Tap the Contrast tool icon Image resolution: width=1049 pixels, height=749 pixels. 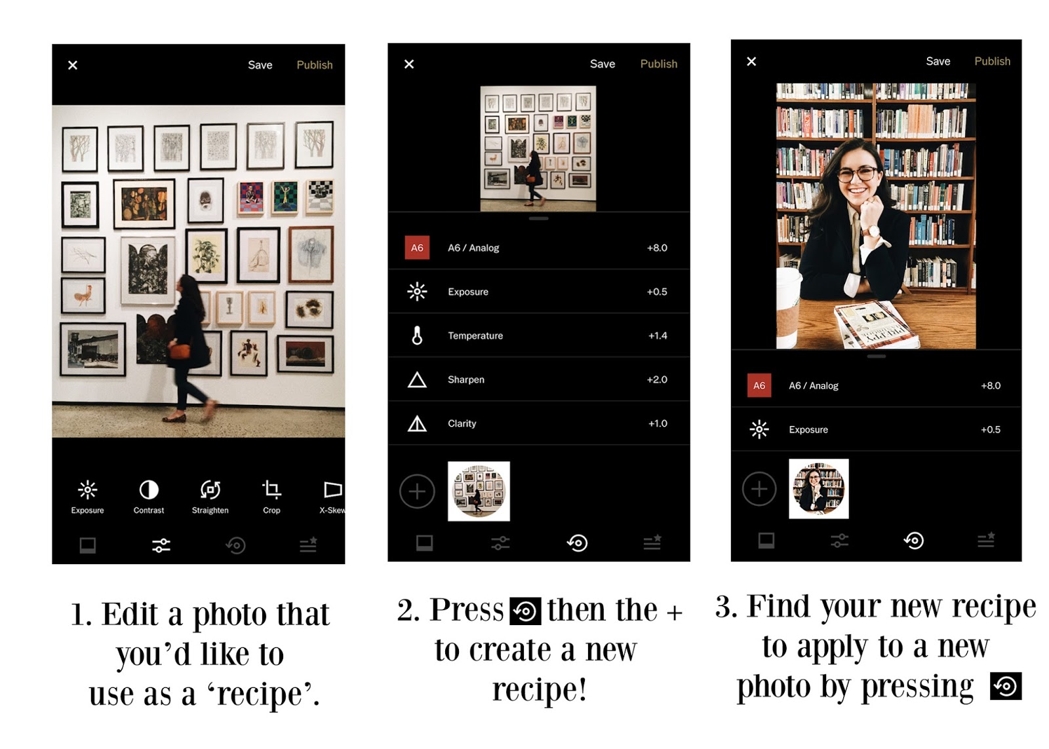point(149,490)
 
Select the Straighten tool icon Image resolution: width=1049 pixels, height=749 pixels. point(210,490)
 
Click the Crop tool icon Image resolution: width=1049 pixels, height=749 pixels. point(271,490)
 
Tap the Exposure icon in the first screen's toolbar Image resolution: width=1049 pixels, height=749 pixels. point(88,490)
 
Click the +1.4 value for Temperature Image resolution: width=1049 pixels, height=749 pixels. point(658,336)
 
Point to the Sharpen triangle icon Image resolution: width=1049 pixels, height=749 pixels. point(417,379)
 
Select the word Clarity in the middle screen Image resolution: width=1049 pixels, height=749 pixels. point(462,424)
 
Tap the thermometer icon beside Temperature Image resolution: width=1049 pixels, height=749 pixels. point(417,336)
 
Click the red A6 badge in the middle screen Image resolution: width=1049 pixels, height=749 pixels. point(417,248)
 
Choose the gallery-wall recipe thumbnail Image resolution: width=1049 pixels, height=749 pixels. point(479,491)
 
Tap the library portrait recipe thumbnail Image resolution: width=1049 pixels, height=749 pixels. point(819,489)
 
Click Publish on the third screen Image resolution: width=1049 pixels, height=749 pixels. point(993,62)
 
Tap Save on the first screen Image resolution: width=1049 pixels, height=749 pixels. point(260,65)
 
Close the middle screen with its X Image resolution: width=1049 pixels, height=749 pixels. point(409,64)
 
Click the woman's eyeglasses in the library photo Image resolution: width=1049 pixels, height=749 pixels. point(858,174)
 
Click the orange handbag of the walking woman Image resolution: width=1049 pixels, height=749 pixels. point(179,351)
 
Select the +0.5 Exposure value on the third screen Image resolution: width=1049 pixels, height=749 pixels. point(991,430)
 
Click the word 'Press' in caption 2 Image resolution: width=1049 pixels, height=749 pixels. point(466,610)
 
